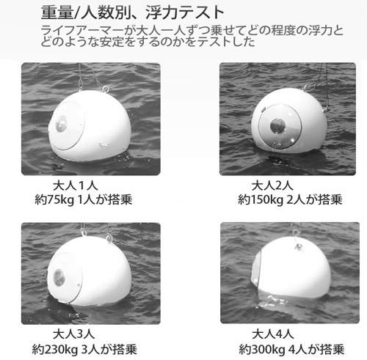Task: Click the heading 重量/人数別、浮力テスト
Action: [132, 12]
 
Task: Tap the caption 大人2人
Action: [273, 184]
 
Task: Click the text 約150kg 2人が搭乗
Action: [289, 198]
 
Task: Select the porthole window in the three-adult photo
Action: [59, 278]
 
